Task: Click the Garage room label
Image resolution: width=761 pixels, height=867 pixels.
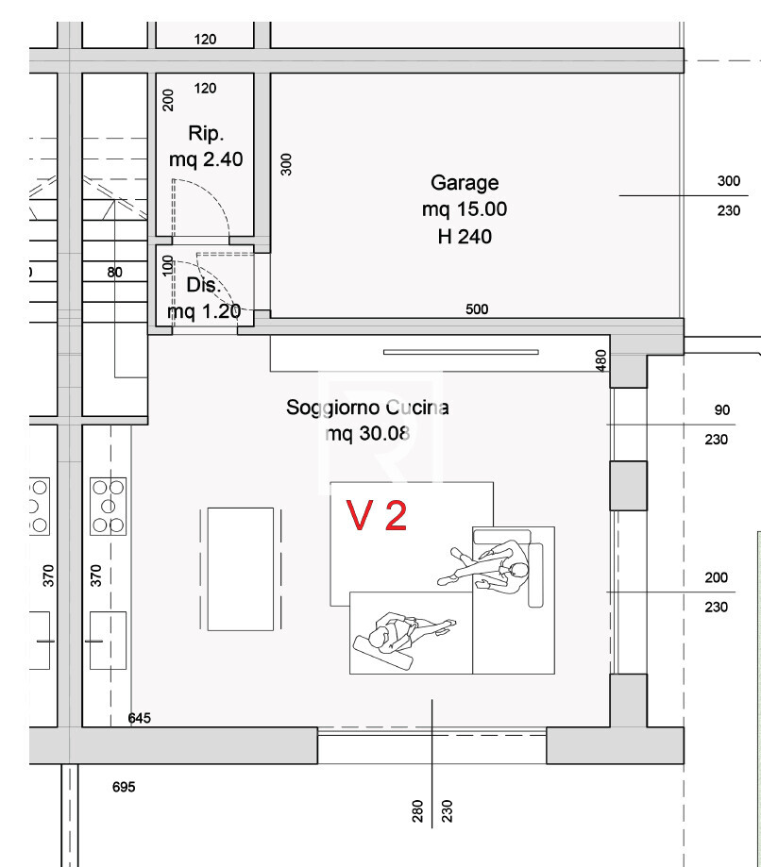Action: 465,183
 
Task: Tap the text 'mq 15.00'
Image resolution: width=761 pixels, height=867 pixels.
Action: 465,209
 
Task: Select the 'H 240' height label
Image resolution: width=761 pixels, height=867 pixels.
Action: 465,237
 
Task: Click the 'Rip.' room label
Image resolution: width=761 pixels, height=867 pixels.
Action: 205,134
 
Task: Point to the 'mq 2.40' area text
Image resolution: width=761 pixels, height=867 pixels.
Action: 206,159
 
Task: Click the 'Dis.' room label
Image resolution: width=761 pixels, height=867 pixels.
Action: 204,285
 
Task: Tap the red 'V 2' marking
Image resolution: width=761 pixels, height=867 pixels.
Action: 377,515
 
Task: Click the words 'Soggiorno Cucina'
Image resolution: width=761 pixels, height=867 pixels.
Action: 367,408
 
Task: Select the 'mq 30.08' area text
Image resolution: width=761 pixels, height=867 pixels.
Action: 367,434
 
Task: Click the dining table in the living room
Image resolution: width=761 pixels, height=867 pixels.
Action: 240,569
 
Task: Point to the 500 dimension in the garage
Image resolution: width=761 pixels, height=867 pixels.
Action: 477,309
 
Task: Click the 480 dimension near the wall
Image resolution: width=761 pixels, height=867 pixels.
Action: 601,360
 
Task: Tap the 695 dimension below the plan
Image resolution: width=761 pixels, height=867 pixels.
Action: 124,787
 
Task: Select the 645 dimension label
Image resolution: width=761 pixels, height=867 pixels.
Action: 139,718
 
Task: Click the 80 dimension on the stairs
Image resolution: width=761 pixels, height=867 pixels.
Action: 114,272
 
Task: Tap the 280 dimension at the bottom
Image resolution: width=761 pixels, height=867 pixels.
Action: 418,811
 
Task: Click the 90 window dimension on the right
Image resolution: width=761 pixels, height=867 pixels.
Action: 721,410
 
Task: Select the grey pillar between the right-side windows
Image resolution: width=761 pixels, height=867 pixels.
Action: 628,486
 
